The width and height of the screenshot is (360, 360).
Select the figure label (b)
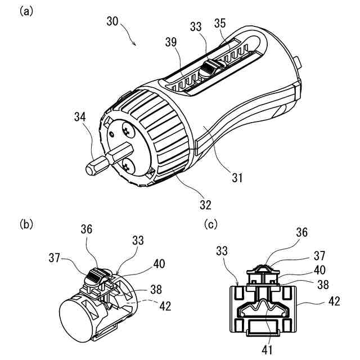click(x=26, y=223)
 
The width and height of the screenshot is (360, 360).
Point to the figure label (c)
click(x=211, y=224)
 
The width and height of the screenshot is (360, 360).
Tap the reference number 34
click(x=80, y=117)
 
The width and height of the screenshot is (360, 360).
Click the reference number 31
click(x=237, y=178)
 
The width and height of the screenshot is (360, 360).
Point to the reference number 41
click(x=267, y=350)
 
